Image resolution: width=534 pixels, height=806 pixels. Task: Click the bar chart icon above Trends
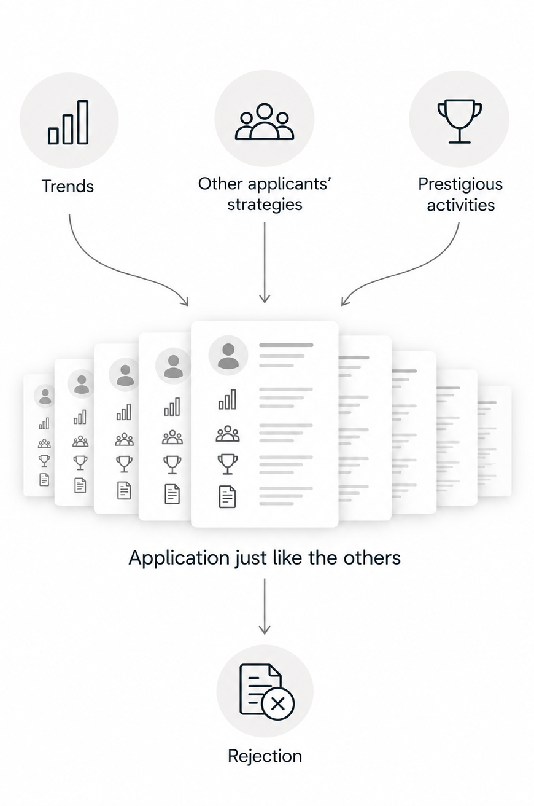(x=68, y=122)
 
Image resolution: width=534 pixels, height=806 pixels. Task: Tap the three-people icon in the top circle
(x=265, y=122)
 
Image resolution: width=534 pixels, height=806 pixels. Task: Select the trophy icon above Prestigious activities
(x=459, y=121)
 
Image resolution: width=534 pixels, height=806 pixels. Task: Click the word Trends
(x=68, y=186)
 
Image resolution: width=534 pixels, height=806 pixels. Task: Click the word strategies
(x=265, y=205)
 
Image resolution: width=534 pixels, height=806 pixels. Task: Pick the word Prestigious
(x=460, y=184)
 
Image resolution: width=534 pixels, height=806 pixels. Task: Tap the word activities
(x=460, y=205)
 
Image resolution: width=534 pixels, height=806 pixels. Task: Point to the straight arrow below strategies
(x=265, y=262)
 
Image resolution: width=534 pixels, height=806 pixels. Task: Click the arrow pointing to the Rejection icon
(x=265, y=606)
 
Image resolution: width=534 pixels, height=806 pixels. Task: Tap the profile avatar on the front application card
(x=228, y=355)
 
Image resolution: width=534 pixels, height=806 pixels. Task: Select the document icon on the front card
(x=227, y=496)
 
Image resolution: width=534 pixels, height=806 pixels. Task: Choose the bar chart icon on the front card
(x=227, y=399)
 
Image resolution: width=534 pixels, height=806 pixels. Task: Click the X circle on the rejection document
(x=278, y=703)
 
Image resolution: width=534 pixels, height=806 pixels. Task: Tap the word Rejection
(x=265, y=756)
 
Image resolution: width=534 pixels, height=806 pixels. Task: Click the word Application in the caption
(x=179, y=558)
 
